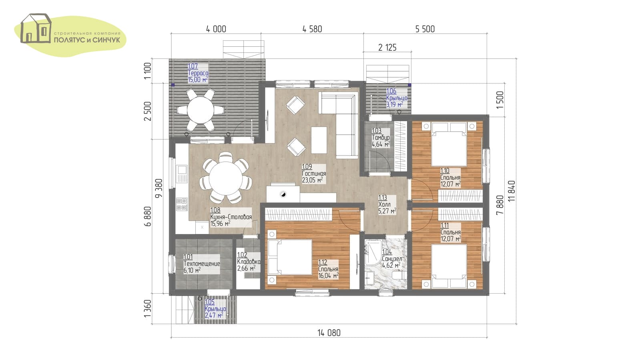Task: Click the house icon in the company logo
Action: [36, 28]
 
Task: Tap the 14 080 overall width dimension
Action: [329, 333]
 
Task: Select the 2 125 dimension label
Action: [387, 47]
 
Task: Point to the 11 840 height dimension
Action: [512, 191]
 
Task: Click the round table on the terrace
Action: [200, 110]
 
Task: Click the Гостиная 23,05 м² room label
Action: [314, 173]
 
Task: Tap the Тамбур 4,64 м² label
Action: [381, 138]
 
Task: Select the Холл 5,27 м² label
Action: [387, 204]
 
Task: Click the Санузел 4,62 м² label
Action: [392, 259]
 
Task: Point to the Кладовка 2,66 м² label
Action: [249, 262]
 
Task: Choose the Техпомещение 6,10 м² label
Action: [201, 264]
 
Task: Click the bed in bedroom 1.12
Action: [290, 257]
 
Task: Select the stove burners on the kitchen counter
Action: [182, 204]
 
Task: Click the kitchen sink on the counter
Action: [182, 170]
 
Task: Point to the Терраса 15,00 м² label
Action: [198, 73]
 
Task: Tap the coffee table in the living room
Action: [319, 140]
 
